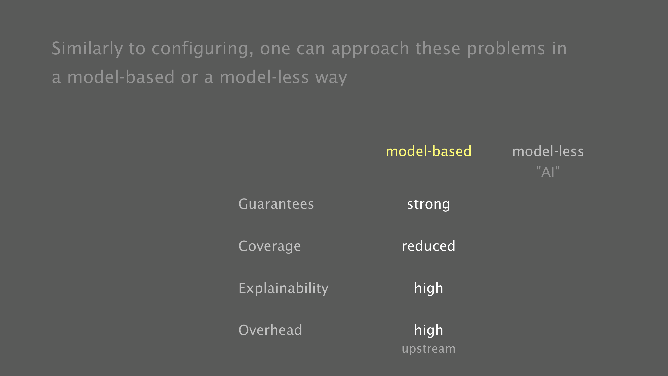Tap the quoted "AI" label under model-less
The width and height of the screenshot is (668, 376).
(548, 172)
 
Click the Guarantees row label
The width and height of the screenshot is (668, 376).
(276, 204)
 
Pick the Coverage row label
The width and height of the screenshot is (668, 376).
(270, 246)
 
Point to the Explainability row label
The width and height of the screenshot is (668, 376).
(283, 288)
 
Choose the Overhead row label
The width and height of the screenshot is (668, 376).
(270, 330)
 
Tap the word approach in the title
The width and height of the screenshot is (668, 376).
(370, 49)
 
